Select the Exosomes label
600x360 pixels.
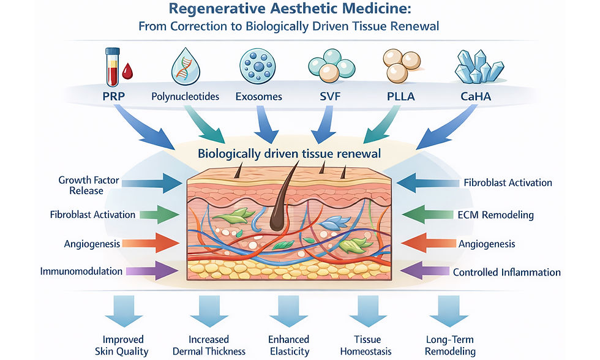coord(258,96)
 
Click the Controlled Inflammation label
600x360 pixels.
coord(506,272)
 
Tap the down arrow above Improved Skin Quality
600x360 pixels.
coord(124,310)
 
